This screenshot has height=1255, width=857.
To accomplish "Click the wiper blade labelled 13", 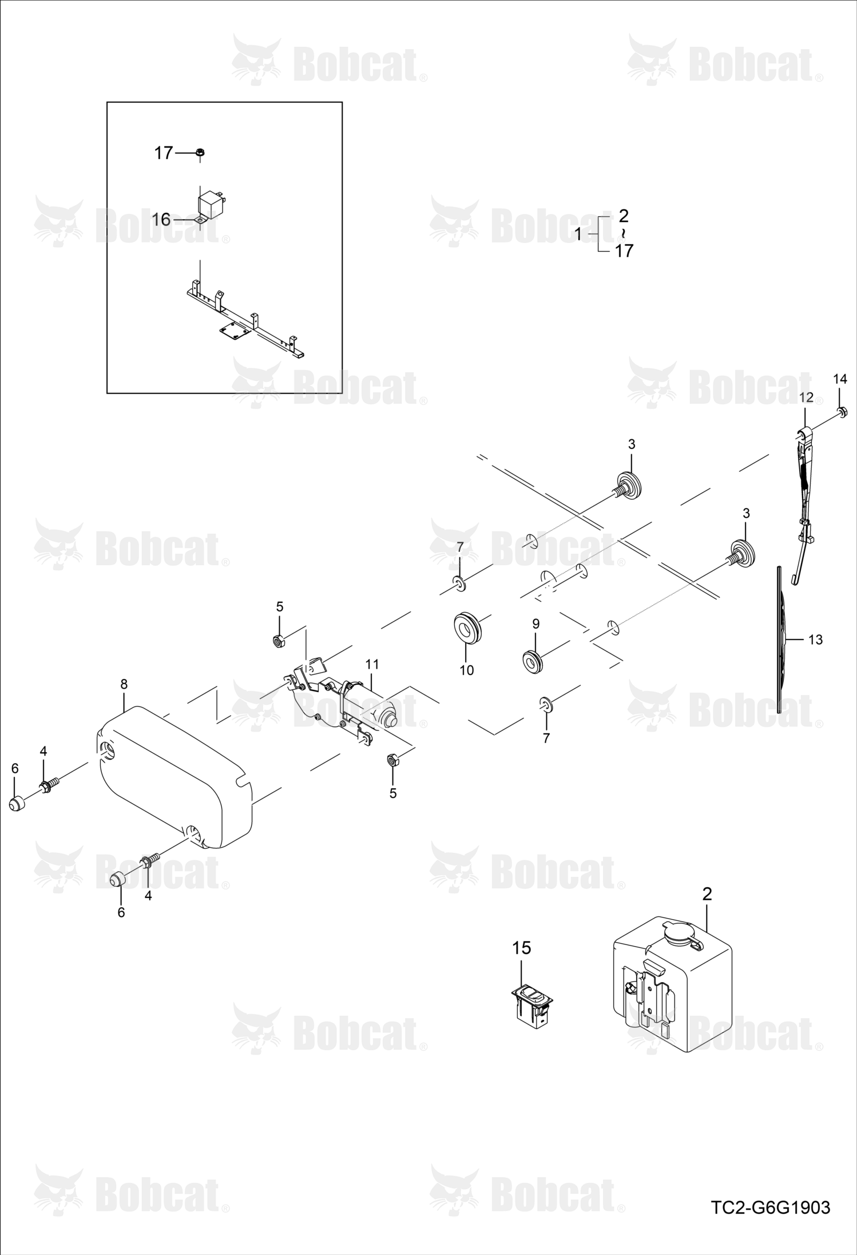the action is [x=782, y=640].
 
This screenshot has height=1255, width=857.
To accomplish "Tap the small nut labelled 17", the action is [x=200, y=153].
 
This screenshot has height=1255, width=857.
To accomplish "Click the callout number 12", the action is [x=806, y=397].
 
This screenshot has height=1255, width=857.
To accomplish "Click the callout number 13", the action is [x=815, y=640].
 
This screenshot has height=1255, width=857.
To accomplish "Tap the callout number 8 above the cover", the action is [x=124, y=684].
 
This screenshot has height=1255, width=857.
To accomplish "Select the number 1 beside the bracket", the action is [x=578, y=234].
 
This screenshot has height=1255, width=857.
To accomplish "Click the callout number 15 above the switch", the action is [x=522, y=948].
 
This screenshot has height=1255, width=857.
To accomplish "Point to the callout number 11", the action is [x=372, y=664].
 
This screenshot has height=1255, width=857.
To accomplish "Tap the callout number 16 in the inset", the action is [x=162, y=219].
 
